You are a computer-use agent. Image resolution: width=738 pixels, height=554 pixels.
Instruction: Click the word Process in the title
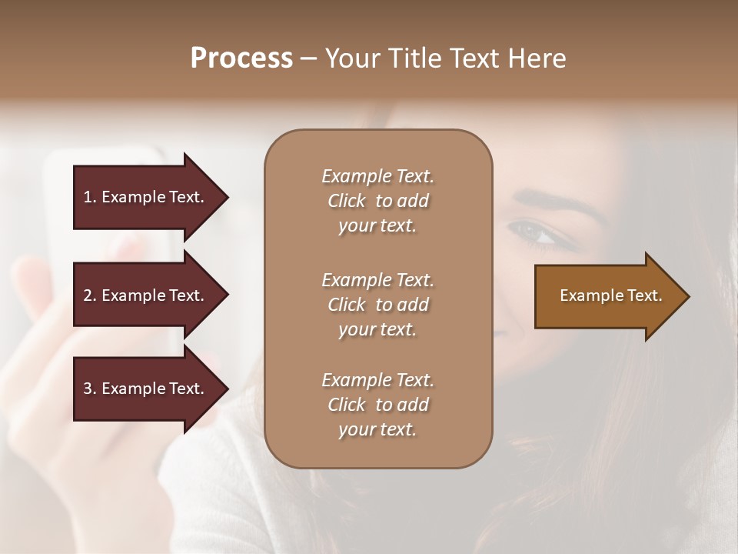(x=241, y=58)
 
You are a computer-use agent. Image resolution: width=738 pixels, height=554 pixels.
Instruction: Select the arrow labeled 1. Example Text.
(x=146, y=197)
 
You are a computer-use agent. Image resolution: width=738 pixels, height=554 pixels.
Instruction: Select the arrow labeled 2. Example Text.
(x=146, y=295)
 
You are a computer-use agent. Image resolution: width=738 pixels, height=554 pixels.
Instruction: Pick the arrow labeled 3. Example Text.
(x=146, y=389)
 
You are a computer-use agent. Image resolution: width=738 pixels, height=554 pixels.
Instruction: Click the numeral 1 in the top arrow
(x=88, y=197)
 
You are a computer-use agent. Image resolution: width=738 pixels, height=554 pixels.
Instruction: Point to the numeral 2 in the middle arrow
(x=88, y=295)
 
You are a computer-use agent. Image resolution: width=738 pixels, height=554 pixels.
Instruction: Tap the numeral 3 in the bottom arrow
(x=88, y=389)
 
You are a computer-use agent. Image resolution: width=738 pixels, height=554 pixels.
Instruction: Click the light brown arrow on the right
(x=607, y=296)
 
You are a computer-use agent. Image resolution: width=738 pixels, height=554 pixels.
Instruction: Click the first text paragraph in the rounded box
(x=377, y=201)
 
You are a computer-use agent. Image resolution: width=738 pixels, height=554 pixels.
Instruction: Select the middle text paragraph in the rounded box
(x=377, y=304)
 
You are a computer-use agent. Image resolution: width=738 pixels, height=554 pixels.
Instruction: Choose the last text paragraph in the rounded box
(x=377, y=405)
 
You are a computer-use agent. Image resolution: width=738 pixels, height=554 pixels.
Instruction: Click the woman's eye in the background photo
(x=535, y=232)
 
